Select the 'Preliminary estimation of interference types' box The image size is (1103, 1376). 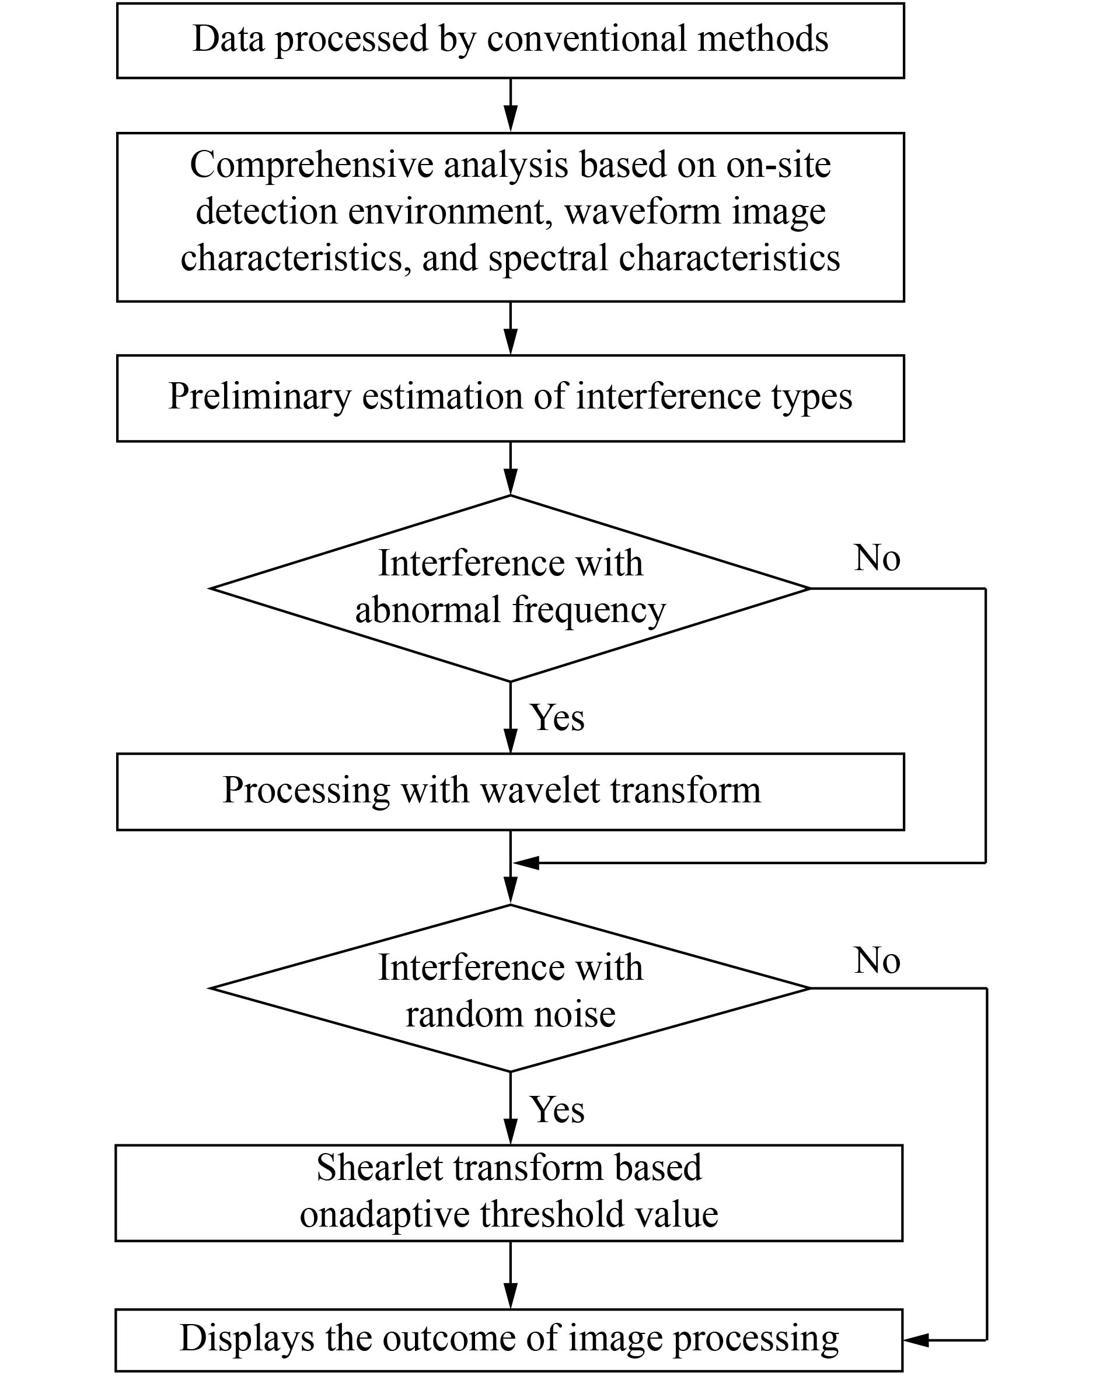click(x=511, y=398)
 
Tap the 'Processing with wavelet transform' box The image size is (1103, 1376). click(x=511, y=791)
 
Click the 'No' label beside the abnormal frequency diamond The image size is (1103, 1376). click(x=877, y=558)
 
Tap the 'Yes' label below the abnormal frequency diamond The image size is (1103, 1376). click(x=557, y=717)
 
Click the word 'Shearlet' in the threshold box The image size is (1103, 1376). click(x=380, y=1167)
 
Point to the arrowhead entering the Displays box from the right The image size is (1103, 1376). click(x=916, y=1340)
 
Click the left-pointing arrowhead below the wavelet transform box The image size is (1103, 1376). click(x=526, y=863)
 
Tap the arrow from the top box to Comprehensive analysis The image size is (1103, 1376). click(x=511, y=105)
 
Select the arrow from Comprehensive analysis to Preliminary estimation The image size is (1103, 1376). click(x=511, y=328)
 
